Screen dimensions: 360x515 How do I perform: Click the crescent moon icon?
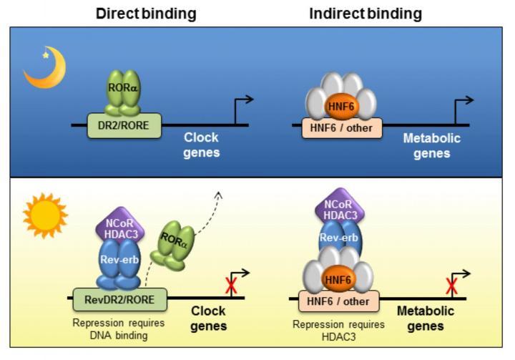point(44,69)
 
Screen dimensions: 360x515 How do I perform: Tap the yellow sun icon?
point(44,215)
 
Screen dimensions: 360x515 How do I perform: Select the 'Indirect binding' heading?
point(366,13)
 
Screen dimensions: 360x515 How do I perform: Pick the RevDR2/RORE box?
point(119,298)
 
